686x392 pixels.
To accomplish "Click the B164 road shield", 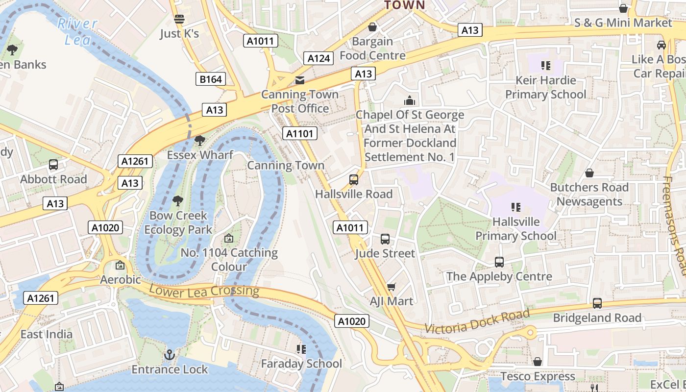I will coord(211,79).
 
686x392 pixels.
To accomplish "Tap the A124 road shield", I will coord(318,58).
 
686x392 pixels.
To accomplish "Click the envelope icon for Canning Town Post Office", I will coord(299,80).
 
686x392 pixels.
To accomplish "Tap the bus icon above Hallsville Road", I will coord(354,180).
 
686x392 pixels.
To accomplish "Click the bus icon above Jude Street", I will coord(385,239).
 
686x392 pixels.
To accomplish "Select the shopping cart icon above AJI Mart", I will coord(391,287).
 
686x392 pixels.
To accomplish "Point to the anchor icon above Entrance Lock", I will coord(170,354).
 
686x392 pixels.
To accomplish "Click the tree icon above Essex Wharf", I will coord(199,141).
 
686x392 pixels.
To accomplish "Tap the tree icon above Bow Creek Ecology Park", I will coord(178,201).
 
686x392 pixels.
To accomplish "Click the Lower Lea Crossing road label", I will coord(204,290).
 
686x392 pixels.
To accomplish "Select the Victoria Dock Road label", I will coord(477,321).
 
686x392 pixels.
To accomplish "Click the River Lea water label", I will coord(77,31).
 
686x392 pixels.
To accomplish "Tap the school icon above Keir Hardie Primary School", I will coord(545,66).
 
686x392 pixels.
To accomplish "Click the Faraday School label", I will coord(301,364).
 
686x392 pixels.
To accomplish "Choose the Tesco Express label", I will coord(538,376).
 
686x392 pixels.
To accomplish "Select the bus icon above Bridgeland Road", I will coord(597,303).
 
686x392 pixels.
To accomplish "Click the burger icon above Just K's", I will coord(179,19).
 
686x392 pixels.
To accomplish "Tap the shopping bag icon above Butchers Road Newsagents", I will coord(589,173).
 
